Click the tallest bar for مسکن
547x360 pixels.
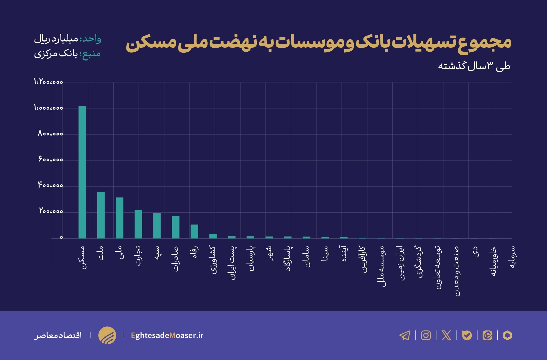[82, 172]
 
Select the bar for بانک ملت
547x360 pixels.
[101, 215]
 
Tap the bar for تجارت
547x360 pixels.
[138, 224]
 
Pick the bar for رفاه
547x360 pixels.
[194, 231]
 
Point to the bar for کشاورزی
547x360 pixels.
[213, 236]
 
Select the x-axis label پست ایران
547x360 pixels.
[233, 263]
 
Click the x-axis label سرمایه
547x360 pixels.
[513, 257]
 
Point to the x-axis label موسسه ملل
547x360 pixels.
[382, 266]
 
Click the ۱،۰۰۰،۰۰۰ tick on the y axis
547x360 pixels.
[48, 108]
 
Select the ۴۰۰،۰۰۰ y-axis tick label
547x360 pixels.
[50, 185]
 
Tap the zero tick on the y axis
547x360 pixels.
[61, 238]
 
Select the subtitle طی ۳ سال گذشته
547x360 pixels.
[474, 66]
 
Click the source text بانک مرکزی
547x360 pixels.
[56, 54]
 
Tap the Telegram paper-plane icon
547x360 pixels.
[405, 335]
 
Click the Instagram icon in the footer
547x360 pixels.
[426, 335]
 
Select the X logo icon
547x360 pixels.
[446, 335]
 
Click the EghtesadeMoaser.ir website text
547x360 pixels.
[167, 335]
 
